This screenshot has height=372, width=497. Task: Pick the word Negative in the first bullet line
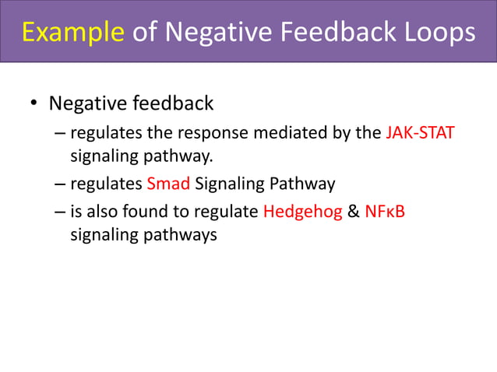point(81,104)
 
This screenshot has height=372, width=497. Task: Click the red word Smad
point(168,184)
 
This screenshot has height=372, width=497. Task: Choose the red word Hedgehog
point(303,212)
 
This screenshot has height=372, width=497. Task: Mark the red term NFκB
point(385,212)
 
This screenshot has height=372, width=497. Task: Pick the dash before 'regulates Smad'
point(60,184)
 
